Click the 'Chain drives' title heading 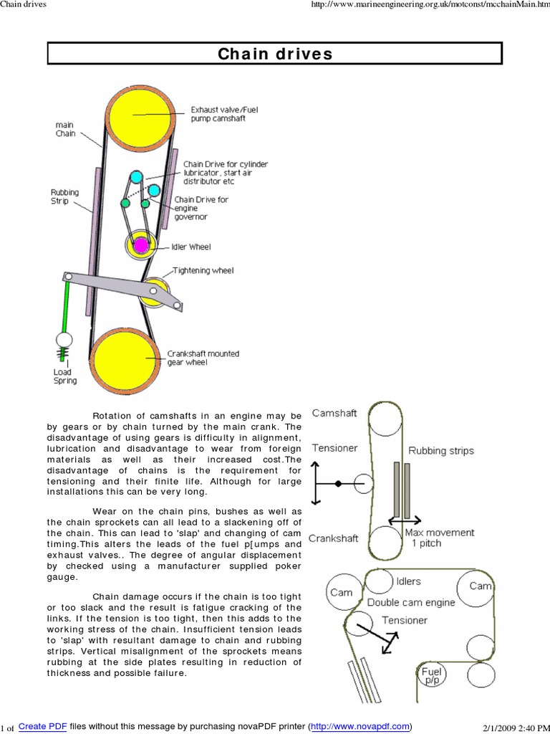pos(275,54)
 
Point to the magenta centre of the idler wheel pos(141,245)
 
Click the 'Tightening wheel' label pos(203,271)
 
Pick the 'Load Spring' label pos(64,376)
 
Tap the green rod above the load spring pos(67,305)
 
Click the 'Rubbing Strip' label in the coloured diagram pos(64,197)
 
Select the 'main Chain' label pos(65,129)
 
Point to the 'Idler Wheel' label pos(191,247)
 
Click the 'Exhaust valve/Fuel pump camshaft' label pos(218,114)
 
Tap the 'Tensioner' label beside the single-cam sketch pos(334,448)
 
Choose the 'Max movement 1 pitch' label pos(439,538)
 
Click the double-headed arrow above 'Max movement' pos(405,522)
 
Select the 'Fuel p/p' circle pos(432,675)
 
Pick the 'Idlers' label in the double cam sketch pos(408,581)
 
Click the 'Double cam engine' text pos(410,603)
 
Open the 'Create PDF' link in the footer pos(42,726)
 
